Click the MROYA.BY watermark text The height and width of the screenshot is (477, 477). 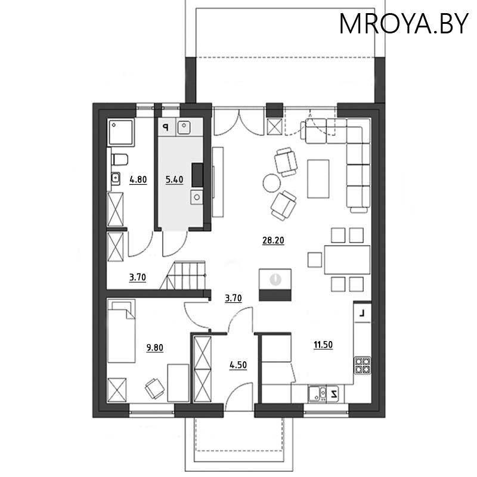404,23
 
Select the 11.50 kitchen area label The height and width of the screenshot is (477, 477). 323,344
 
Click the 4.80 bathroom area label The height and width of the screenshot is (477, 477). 138,178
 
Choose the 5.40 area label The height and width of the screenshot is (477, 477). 174,178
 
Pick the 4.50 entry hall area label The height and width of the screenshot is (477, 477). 238,364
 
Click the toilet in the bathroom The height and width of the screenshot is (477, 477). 119,159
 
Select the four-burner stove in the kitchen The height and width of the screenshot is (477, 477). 363,365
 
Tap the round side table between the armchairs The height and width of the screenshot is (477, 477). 271,182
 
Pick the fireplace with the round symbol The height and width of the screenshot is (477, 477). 275,284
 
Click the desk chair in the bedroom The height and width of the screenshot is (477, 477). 155,388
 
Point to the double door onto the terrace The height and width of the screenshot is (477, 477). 237,122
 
